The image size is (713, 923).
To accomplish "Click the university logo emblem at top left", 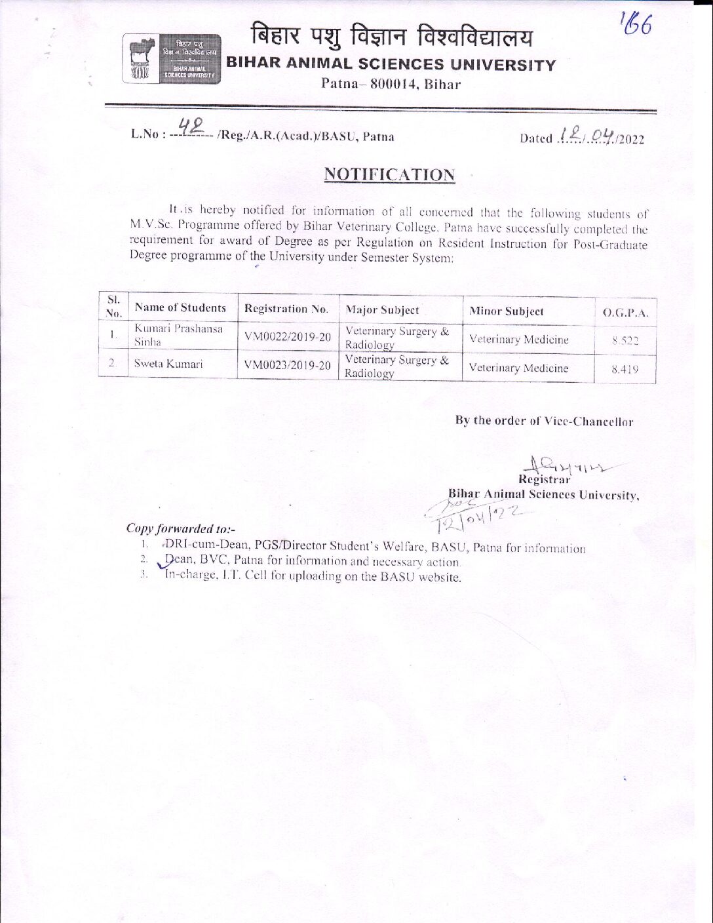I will [172, 58].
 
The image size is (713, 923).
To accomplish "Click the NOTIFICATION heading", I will [389, 174].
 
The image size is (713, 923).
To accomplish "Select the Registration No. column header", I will [285, 309].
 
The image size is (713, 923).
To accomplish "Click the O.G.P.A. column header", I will [625, 313].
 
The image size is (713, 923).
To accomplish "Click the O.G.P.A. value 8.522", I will [625, 340].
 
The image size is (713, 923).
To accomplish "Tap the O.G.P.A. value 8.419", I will [625, 369].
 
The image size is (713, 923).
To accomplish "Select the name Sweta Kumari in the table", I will [168, 363].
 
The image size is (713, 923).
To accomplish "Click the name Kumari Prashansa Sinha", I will [178, 335].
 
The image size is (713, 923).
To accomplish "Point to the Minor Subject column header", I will [507, 311].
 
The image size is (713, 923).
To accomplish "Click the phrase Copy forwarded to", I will [180, 528].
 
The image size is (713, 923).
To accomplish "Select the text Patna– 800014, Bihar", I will [391, 84].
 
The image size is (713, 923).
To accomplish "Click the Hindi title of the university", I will [392, 38].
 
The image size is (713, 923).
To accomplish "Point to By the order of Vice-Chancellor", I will [544, 422].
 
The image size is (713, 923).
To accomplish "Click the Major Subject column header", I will [382, 309].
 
